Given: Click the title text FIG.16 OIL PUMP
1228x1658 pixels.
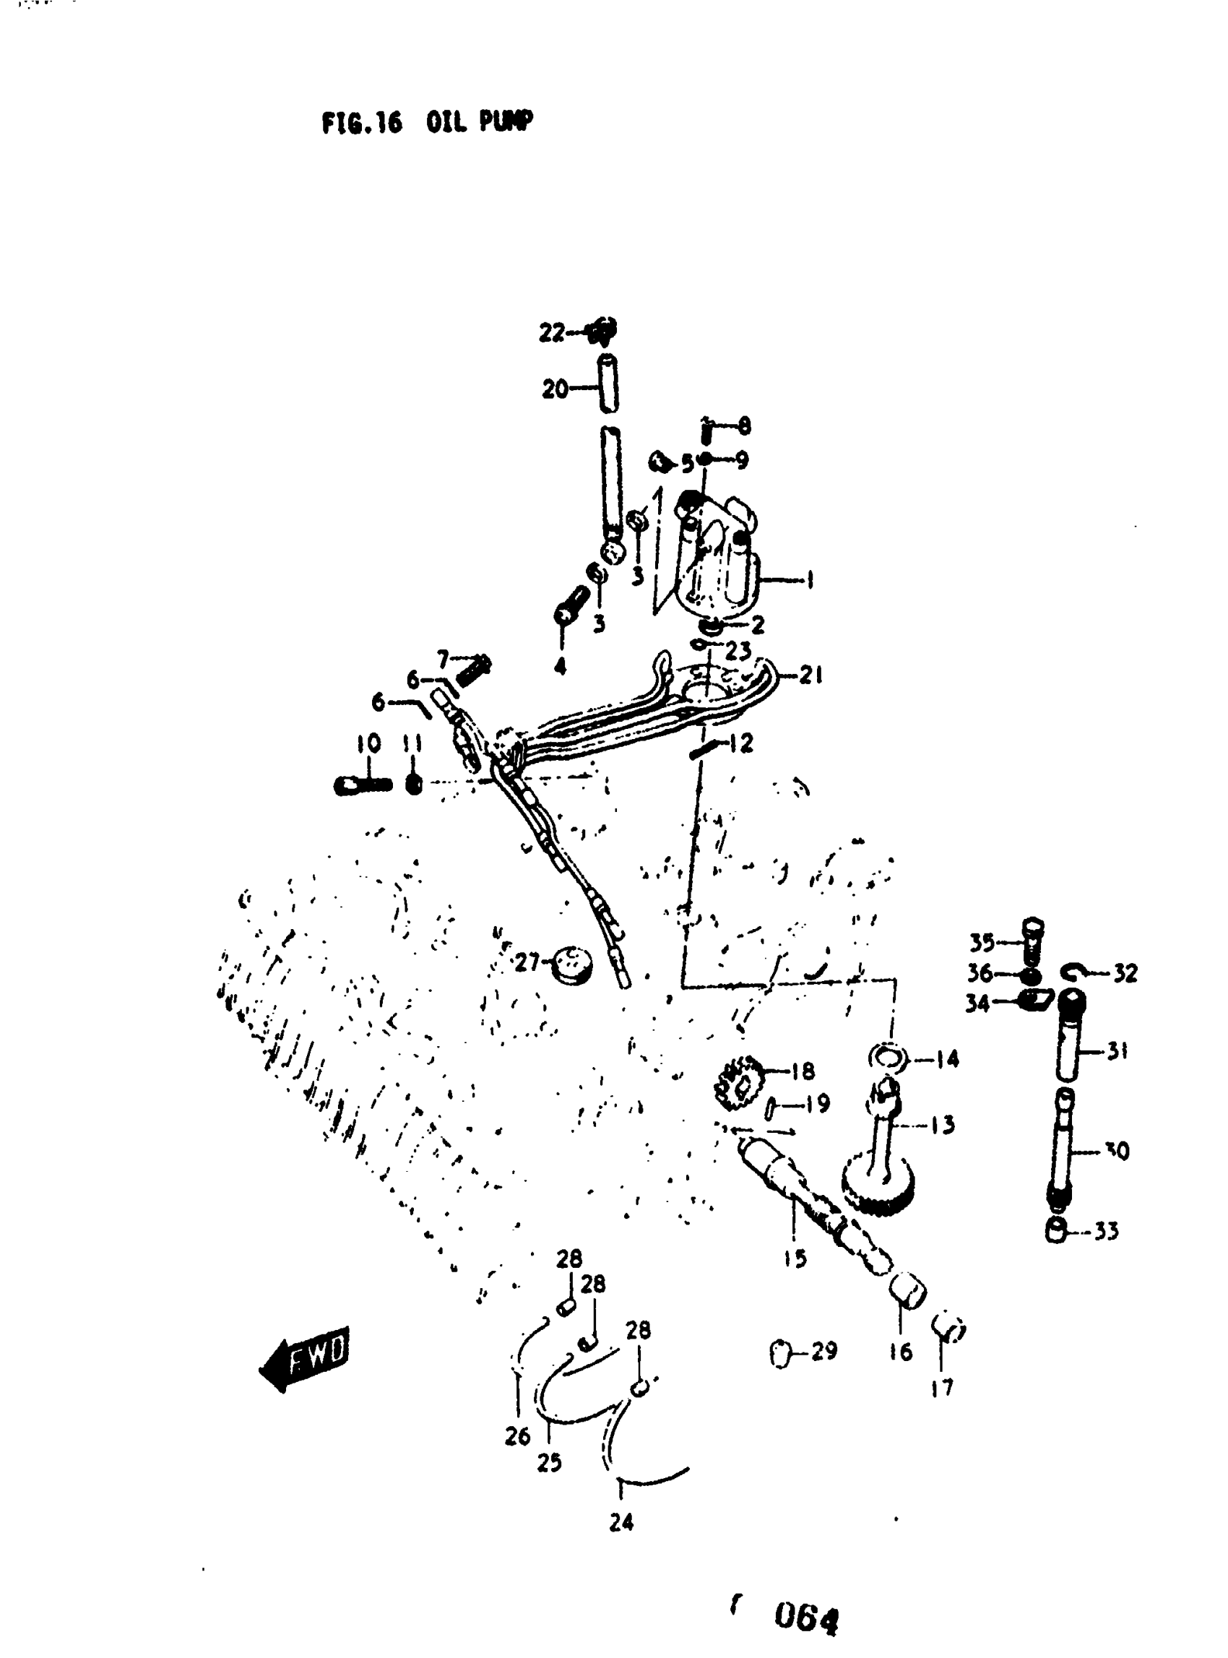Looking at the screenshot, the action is (427, 123).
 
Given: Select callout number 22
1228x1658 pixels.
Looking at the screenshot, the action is (552, 332).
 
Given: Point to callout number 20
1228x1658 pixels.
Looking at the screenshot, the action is (555, 389).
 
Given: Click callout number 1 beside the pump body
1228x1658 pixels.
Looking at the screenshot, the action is (808, 579).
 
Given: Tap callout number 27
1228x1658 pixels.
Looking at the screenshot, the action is (527, 963).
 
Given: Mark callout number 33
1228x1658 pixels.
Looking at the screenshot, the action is (1106, 1231).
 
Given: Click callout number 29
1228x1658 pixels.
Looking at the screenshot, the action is (824, 1350).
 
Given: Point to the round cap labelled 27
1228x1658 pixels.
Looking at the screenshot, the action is (573, 964).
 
